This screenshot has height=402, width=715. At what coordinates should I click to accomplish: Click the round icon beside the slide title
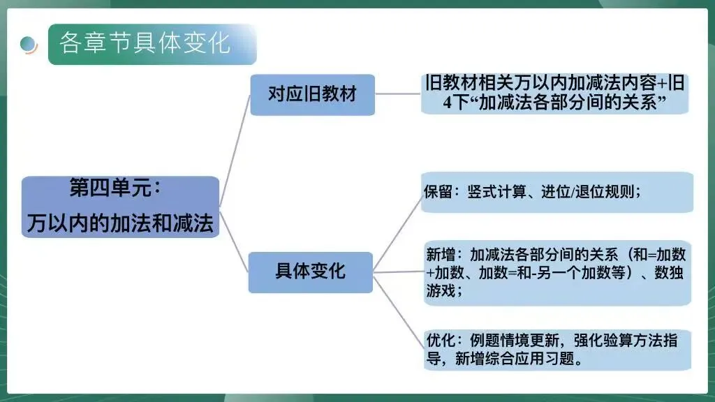(29, 44)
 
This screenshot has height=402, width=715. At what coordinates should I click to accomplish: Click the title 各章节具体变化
(145, 43)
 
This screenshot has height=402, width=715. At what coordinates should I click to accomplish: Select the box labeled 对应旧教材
(312, 94)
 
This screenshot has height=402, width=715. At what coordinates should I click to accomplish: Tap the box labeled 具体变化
(311, 271)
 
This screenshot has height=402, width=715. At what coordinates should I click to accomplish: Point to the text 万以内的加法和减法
(120, 223)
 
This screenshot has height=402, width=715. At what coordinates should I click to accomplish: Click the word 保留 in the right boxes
(438, 193)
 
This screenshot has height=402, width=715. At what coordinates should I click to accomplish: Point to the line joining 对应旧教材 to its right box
(398, 94)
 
